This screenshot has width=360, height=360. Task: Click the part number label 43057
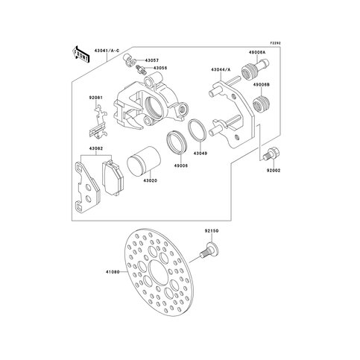[x=152, y=60]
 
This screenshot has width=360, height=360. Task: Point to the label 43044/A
[x=222, y=69]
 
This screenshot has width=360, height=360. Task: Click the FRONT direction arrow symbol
[x=77, y=51]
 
